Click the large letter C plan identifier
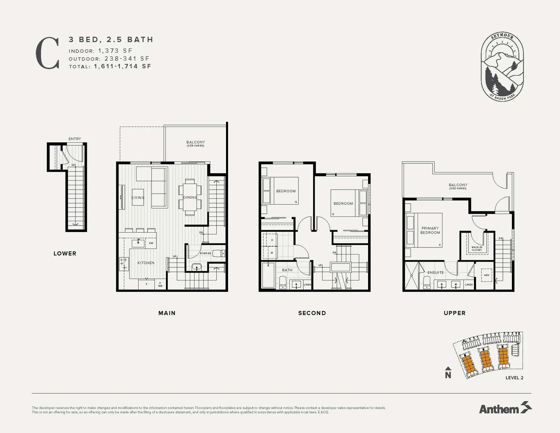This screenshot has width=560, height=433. click(48, 53)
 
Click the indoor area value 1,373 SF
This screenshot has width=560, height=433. click(115, 51)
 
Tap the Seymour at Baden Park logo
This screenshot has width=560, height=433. click(502, 67)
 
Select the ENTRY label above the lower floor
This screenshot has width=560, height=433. click(75, 139)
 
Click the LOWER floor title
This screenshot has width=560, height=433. click(65, 254)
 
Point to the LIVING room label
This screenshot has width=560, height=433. click(138, 198)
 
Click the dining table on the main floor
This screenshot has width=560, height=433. click(190, 197)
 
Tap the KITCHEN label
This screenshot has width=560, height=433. click(146, 263)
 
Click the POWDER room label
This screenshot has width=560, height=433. click(205, 253)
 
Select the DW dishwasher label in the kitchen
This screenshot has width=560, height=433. click(151, 243)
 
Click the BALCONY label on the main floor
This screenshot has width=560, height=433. click(196, 142)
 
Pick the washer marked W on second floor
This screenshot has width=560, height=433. click(272, 253)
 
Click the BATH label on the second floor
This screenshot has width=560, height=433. click(287, 270)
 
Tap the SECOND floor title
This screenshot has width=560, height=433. click(312, 313)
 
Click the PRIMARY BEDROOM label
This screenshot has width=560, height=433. click(430, 230)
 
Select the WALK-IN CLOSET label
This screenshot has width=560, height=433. click(477, 248)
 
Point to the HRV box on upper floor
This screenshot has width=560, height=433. click(487, 275)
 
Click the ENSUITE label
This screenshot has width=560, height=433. click(435, 273)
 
